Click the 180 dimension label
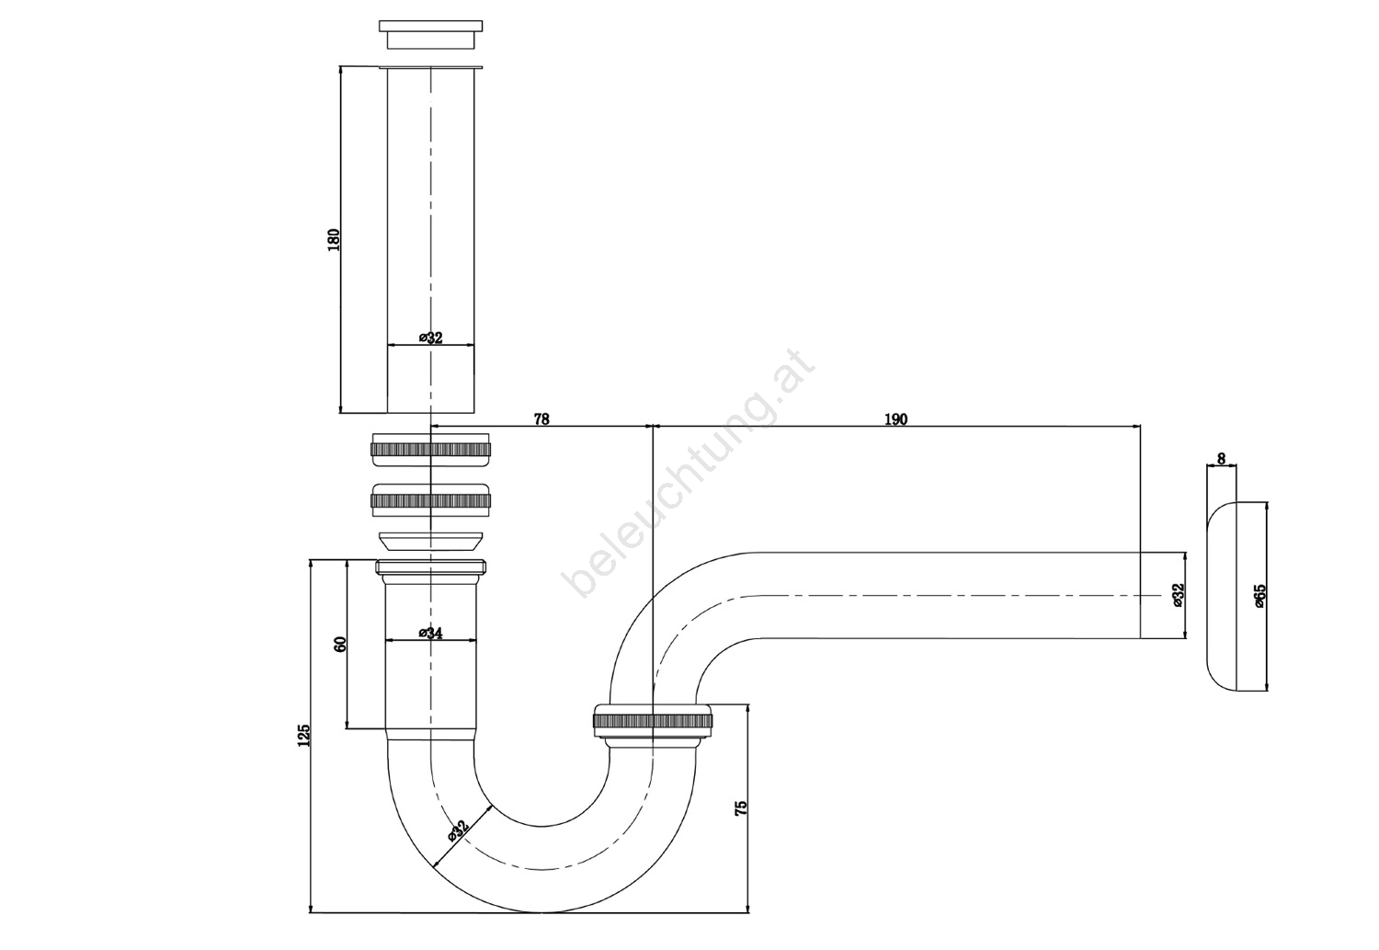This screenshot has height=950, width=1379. pos(333,239)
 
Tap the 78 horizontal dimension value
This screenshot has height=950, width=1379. pos(541,419)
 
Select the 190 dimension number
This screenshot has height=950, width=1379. pos(895,419)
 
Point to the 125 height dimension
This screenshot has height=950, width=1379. pos(303,735)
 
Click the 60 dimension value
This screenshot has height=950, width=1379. pos(340,644)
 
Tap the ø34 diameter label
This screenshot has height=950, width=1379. pos(431,633)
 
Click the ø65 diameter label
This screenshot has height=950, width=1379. pos(1259,596)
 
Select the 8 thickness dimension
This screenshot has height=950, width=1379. pos(1222,459)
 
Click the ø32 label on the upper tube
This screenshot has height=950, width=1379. pos(431,338)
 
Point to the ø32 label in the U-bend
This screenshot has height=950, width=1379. pos(459,830)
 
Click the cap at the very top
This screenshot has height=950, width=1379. pos(430,34)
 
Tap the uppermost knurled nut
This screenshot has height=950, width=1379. pos(430,449)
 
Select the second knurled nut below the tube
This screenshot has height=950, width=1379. pos(430,500)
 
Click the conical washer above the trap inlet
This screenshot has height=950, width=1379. pos(430,541)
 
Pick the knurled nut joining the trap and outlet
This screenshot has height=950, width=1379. pos(653,720)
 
